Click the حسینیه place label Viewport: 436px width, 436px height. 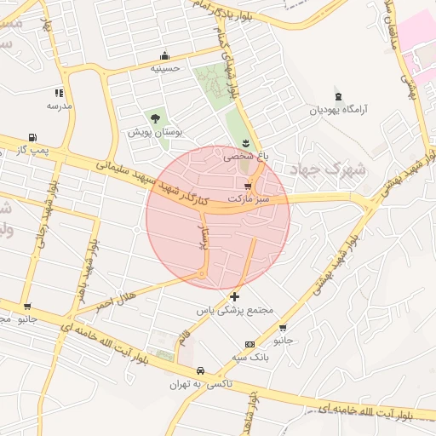tap(165, 68)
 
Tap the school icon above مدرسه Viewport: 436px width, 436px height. tap(59, 93)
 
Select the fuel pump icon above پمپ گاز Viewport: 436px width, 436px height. tap(32, 137)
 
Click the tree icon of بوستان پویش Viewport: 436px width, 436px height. tap(155, 118)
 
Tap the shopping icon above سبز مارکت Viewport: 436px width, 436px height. tap(248, 186)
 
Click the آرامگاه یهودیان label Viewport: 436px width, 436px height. tap(341, 109)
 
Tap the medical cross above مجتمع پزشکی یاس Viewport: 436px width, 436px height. tap(235, 296)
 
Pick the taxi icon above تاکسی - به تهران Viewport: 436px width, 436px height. tap(200, 371)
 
